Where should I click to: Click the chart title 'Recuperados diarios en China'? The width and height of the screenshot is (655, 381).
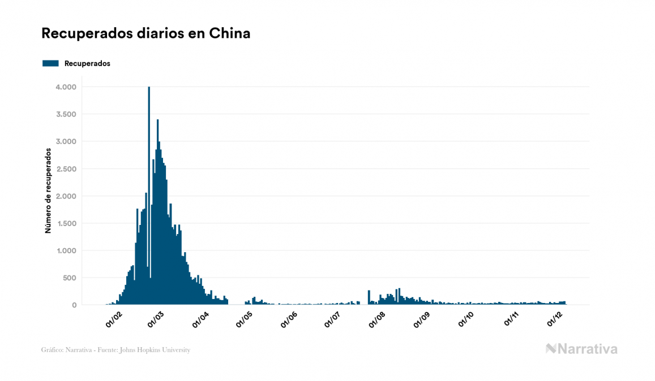pos(145,34)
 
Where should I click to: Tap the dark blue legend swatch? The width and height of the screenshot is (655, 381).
pos(50,63)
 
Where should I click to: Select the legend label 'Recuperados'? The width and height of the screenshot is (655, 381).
pos(87,63)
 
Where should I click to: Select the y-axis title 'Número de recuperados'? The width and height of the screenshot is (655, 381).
pos(49,191)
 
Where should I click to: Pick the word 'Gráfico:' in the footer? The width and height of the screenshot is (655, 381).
pos(53,350)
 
